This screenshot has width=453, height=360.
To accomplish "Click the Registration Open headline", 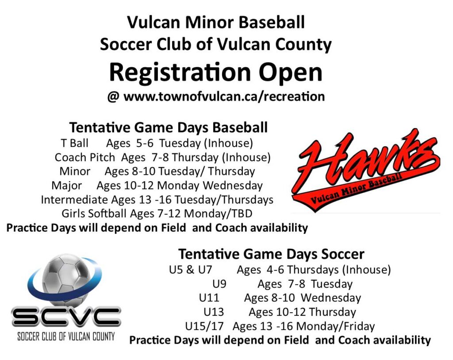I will tap(215, 72).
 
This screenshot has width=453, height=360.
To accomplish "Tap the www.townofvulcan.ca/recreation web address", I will tap(224, 97).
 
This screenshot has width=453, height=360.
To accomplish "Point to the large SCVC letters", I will tap(66, 317).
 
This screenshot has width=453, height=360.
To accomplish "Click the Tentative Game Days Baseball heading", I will tap(168, 128).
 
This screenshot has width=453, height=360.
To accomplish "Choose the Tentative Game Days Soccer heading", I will tap(271, 254).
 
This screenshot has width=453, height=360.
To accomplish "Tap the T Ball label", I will tap(74, 143).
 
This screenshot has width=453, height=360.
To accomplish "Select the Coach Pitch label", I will tap(84, 157).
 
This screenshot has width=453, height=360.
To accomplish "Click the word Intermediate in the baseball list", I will tap(74, 200).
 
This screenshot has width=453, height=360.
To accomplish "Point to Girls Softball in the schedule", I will tap(94, 214).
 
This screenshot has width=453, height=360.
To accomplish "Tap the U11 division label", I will tap(209, 298).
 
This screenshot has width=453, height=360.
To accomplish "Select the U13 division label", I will tap(214, 312).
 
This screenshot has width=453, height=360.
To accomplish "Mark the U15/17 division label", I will tap(204, 327).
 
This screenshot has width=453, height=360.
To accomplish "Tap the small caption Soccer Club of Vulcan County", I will tap(66, 336).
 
